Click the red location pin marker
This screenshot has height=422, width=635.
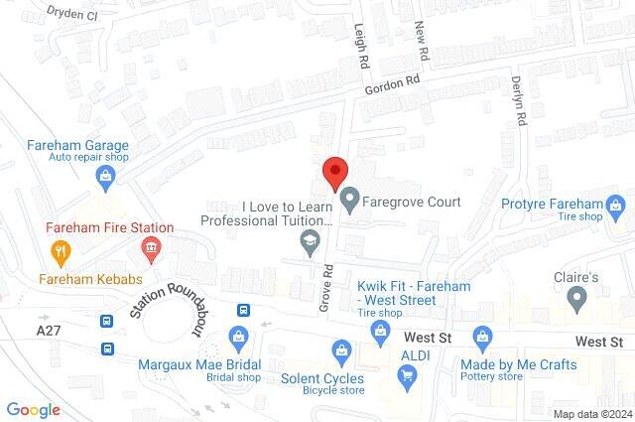point(335,174)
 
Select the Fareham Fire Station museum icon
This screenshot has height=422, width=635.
point(151,247)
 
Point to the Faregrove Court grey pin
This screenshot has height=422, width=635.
point(349,202)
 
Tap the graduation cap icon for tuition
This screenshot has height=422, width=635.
point(311,239)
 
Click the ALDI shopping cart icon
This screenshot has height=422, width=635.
point(406,375)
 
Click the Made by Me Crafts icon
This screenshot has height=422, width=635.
point(483,337)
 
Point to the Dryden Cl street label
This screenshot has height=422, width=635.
point(72,15)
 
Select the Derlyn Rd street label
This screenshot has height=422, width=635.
point(516,101)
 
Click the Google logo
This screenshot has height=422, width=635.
point(34,409)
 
